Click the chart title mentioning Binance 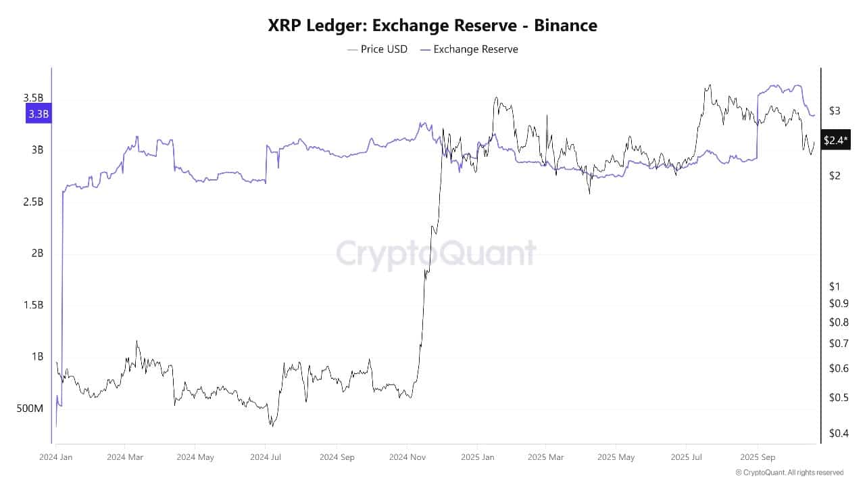(x=432, y=26)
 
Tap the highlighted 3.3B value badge (x=38, y=114)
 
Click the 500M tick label (x=29, y=409)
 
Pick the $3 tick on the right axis (x=835, y=111)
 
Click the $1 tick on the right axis (x=835, y=287)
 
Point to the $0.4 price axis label (x=839, y=433)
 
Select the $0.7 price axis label (x=839, y=344)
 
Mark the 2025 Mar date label (x=547, y=457)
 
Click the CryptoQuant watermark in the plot (x=436, y=254)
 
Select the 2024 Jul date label (x=266, y=457)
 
